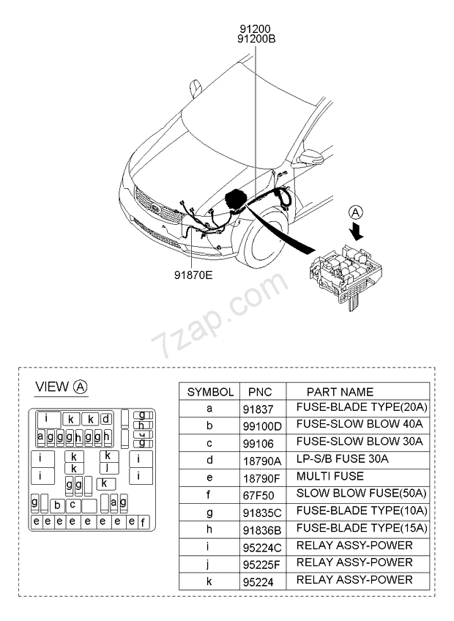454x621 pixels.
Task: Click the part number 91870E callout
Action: [193, 275]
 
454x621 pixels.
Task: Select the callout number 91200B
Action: [256, 39]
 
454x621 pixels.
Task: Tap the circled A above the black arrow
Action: [355, 212]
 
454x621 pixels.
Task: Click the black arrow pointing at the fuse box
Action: [358, 231]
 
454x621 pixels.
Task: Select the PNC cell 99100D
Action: [262, 426]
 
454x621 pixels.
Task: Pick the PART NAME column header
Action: [340, 392]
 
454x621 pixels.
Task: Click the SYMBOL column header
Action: [210, 392]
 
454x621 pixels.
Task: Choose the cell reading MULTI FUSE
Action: [330, 476]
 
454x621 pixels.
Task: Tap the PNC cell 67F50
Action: [258, 495]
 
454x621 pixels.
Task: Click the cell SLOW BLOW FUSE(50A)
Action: [361, 493]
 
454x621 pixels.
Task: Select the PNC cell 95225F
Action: [261, 565]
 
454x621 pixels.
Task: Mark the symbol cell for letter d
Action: [209, 460]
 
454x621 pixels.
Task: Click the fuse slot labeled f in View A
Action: [143, 522]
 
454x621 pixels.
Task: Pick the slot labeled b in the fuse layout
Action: [57, 506]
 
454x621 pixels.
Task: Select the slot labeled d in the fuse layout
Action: [105, 419]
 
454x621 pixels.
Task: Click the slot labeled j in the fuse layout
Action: [108, 468]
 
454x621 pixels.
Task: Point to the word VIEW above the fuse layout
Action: [52, 387]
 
